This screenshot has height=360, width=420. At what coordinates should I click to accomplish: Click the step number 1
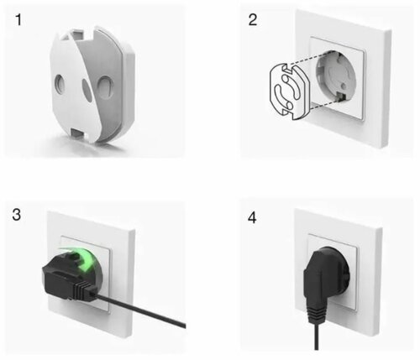(x=18, y=20)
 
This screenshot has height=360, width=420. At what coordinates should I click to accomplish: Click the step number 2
(x=253, y=20)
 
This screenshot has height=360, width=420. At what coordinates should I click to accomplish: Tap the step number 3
(x=17, y=215)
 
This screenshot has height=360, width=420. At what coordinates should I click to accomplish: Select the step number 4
(x=252, y=217)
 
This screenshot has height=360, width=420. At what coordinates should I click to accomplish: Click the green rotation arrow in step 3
(x=84, y=258)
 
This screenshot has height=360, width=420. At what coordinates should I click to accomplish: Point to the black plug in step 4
(x=326, y=279)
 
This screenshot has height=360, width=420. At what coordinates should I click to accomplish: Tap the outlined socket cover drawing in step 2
(x=289, y=91)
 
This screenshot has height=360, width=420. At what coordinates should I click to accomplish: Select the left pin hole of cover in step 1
(x=60, y=84)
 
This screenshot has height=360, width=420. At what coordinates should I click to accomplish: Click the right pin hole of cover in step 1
(x=105, y=87)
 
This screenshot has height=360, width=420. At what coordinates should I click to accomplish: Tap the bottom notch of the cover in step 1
(x=79, y=133)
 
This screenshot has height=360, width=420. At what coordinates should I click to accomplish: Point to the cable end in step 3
(x=183, y=325)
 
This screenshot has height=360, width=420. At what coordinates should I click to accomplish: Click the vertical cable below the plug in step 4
(x=317, y=337)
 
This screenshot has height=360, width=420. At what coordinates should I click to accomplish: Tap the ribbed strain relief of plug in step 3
(x=84, y=291)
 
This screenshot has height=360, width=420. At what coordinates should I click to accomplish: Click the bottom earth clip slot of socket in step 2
(x=342, y=97)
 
